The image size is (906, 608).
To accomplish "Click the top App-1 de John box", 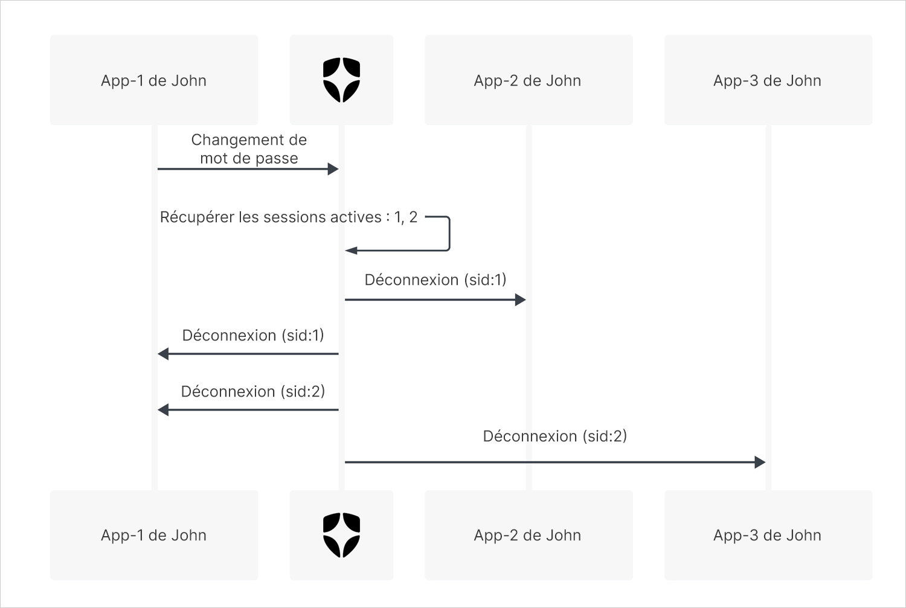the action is tap(154, 80).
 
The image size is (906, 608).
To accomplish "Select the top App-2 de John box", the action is tap(528, 80).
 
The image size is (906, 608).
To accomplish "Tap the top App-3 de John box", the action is tap(768, 80).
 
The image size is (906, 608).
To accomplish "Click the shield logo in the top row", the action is tap(341, 80).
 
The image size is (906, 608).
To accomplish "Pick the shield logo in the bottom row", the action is tap(341, 535).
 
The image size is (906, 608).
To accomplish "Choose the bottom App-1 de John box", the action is tap(154, 535).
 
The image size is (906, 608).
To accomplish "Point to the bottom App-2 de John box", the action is tap(528, 535).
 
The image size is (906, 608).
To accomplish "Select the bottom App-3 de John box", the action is tap(768, 535).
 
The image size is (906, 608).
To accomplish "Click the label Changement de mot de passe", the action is tap(249, 149).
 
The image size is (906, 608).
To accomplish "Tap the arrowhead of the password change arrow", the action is tap(333, 169).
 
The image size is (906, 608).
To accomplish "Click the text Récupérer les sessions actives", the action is tap(271, 217).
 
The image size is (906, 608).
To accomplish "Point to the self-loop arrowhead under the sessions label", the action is tap(351, 251).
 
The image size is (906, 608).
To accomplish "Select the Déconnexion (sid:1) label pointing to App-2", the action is tap(435, 280).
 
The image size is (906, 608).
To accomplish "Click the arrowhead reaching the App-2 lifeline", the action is tap(521, 300).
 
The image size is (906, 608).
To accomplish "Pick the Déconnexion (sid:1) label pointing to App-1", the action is tap(253, 335).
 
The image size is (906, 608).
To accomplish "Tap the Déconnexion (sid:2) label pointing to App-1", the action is tap(253, 391).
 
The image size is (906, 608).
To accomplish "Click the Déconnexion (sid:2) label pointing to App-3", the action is tap(555, 436).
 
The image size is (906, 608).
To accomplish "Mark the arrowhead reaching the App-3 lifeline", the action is tap(760, 462).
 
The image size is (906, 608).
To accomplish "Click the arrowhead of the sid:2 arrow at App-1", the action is tap(163, 410).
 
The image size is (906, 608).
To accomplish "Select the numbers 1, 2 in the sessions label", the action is tap(406, 217).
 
